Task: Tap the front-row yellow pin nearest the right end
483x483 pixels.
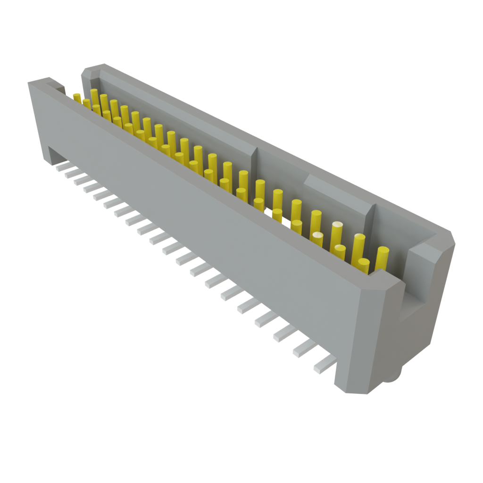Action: [x=364, y=265]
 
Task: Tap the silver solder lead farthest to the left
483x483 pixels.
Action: [x=62, y=167]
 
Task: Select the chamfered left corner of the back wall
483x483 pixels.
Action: [x=89, y=73]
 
